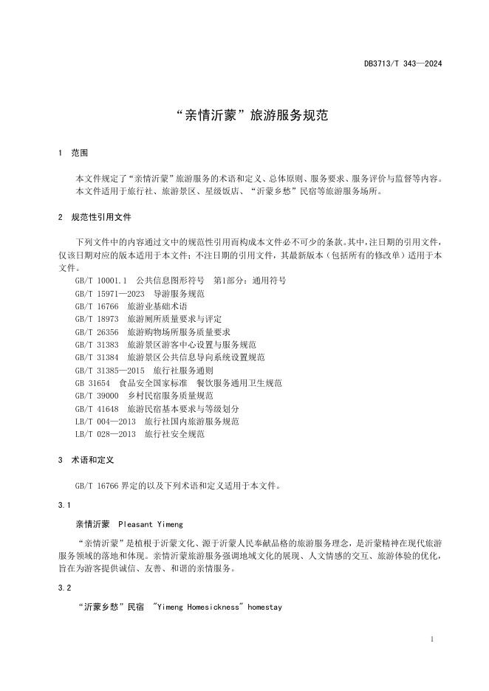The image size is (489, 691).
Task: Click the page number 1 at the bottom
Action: [x=431, y=638]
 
